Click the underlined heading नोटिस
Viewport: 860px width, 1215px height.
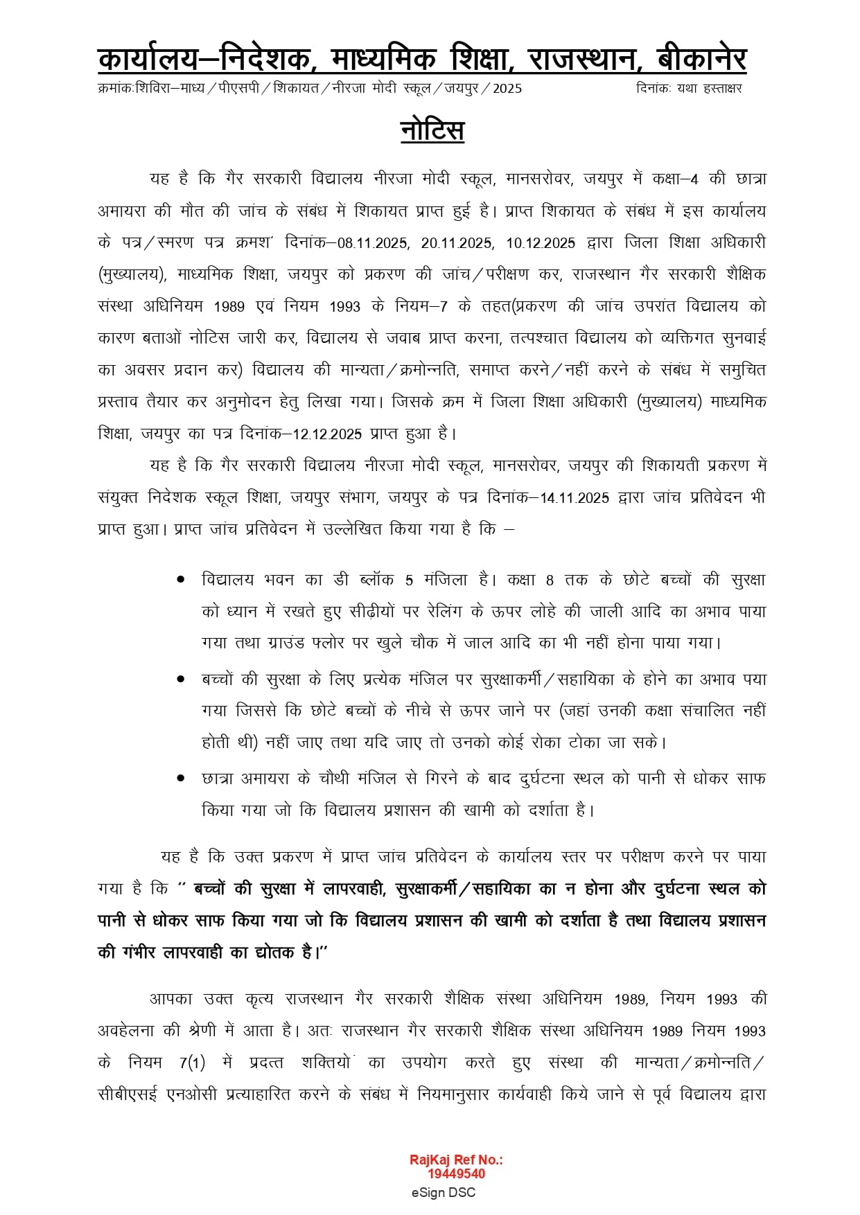click(432, 131)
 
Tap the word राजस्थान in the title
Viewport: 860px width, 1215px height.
click(581, 60)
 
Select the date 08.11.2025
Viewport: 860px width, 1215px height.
click(373, 243)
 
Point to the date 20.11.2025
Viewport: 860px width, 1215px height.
click(457, 243)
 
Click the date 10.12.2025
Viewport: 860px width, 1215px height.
click(541, 243)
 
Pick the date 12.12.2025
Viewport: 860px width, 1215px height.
click(327, 434)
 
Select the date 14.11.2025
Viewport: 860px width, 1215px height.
click(574, 498)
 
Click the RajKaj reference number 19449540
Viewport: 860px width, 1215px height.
click(456, 1173)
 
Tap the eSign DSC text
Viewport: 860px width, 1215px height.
click(443, 1192)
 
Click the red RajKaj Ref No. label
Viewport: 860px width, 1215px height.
click(456, 1160)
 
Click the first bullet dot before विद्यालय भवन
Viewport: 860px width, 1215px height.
click(181, 579)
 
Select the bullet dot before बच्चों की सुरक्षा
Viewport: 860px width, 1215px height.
click(181, 680)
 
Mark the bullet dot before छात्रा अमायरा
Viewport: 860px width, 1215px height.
click(181, 779)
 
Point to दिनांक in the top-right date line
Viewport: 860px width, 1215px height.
click(653, 89)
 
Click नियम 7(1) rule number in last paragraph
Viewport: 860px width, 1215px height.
click(192, 1063)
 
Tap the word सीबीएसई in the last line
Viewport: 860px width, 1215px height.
click(128, 1094)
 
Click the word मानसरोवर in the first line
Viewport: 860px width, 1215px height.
click(539, 179)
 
